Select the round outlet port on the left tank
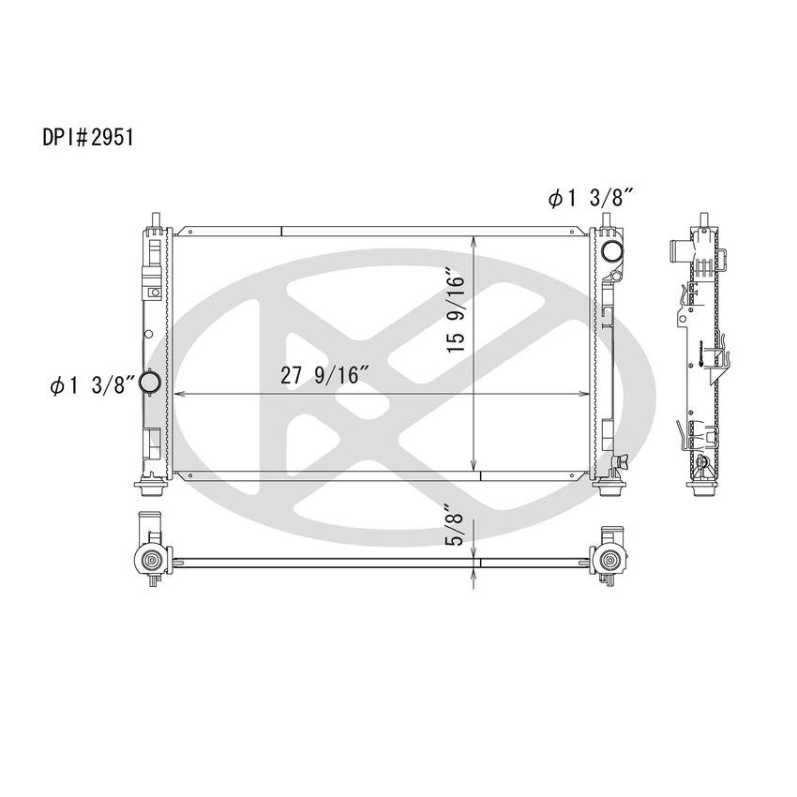click(150, 384)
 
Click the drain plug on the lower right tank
click(618, 460)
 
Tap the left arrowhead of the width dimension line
click(178, 395)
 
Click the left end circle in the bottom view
click(150, 561)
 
